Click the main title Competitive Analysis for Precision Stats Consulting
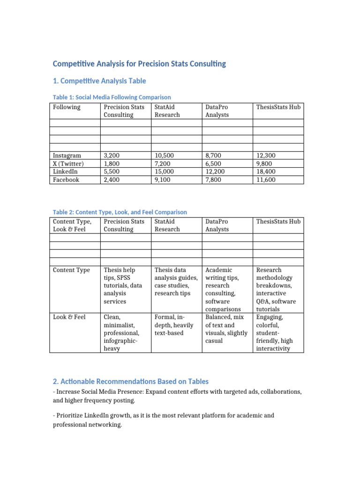point(139,63)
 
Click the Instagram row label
point(67,155)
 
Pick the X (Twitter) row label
point(68,164)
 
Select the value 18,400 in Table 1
point(266,172)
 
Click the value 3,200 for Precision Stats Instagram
point(112,155)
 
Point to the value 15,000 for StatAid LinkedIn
point(164,172)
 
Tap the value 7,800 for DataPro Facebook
point(215,180)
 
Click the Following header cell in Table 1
point(67,107)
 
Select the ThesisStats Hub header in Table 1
point(278,107)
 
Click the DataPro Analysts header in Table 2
point(217,225)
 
